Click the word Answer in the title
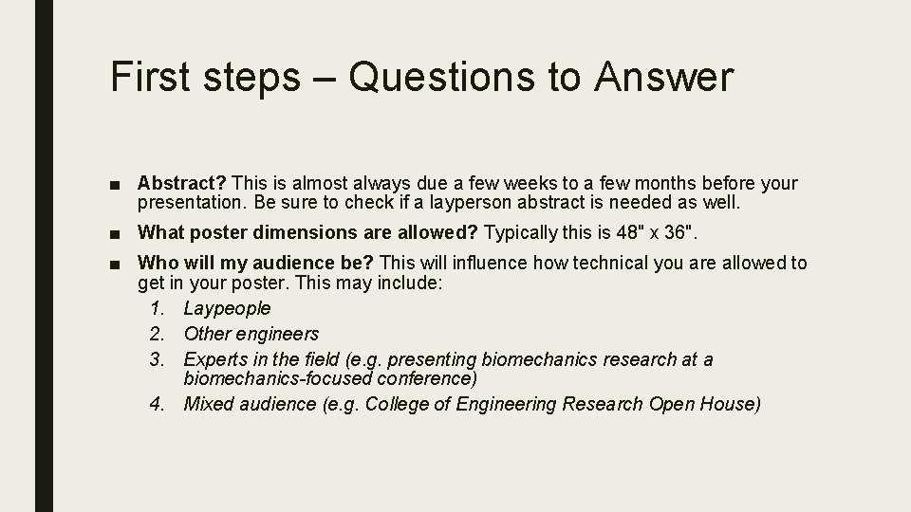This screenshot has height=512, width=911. pos(664,77)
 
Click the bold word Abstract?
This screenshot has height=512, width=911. pos(182,182)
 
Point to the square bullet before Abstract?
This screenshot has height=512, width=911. pos(116,183)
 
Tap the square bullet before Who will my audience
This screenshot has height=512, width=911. pos(116,264)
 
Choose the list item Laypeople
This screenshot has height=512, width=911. pos(227,308)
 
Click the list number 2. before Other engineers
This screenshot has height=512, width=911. pos(158,334)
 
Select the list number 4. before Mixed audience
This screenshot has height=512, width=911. pos(158,404)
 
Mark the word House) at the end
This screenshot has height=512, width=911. pos(732,404)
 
